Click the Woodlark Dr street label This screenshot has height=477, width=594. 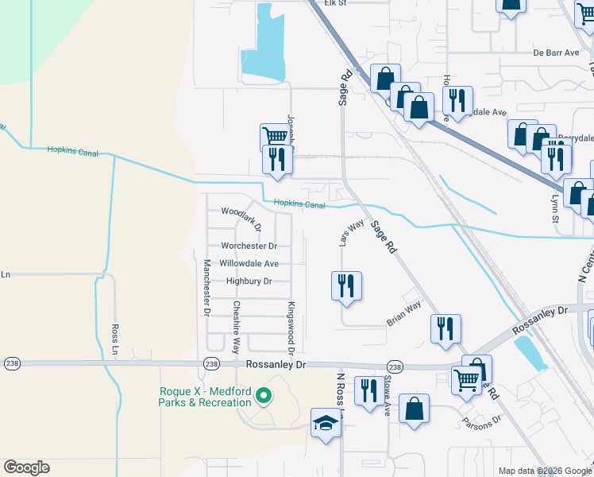[x=241, y=213]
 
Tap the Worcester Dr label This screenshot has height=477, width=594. [x=249, y=246]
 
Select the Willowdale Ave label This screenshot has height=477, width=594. [x=249, y=263]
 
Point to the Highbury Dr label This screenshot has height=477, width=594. [x=249, y=281]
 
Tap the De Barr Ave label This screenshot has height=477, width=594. [x=557, y=52]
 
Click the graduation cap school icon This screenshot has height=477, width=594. [x=325, y=423]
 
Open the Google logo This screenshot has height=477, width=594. [x=26, y=467]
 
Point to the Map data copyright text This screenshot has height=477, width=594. [x=544, y=471]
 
